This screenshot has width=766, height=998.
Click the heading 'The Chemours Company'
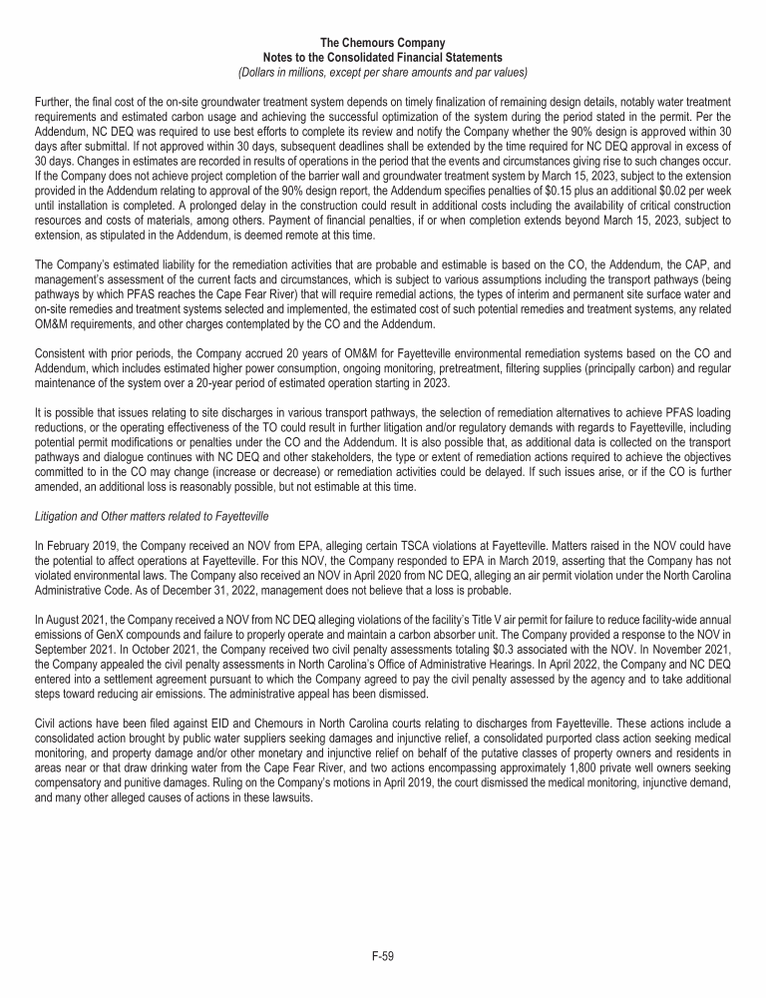(383, 43)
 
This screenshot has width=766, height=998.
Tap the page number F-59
(383, 957)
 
